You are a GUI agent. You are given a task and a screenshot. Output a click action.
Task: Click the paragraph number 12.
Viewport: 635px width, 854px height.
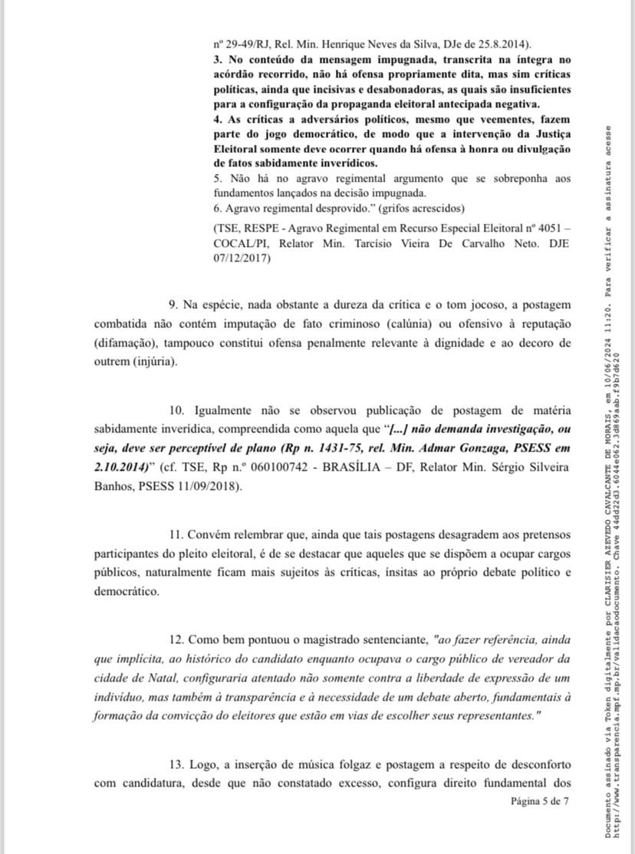(176, 638)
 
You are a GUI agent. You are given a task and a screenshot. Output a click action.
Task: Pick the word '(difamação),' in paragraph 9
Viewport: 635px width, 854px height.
(127, 342)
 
